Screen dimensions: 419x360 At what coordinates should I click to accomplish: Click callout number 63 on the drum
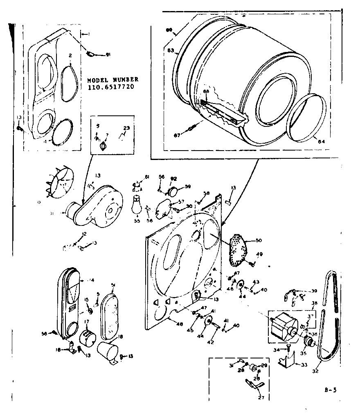click(171, 50)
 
